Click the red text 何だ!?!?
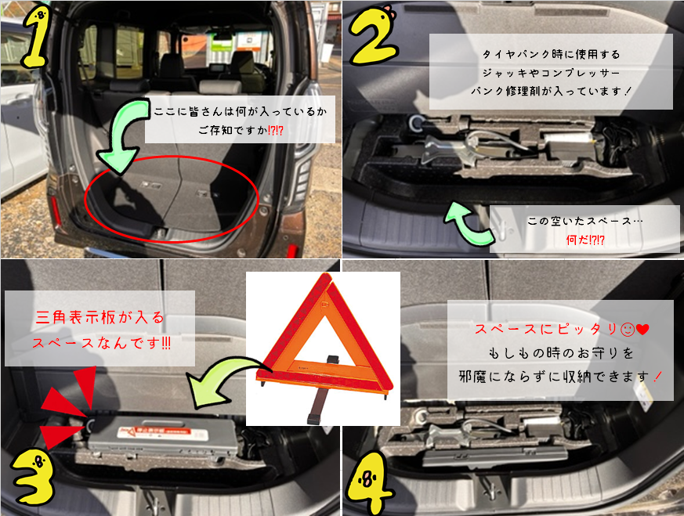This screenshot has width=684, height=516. pyautogui.click(x=585, y=240)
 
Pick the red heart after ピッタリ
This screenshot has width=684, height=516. pyautogui.click(x=643, y=330)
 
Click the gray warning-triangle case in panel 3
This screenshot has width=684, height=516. pyautogui.click(x=165, y=437)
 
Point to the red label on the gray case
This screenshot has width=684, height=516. pyautogui.click(x=161, y=434)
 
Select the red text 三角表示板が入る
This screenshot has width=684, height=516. pyautogui.click(x=100, y=317)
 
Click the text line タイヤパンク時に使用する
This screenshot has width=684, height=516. pyautogui.click(x=551, y=55)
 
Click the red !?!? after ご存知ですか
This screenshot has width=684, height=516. pyautogui.click(x=275, y=130)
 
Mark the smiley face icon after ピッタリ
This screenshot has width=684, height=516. pyautogui.click(x=628, y=330)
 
